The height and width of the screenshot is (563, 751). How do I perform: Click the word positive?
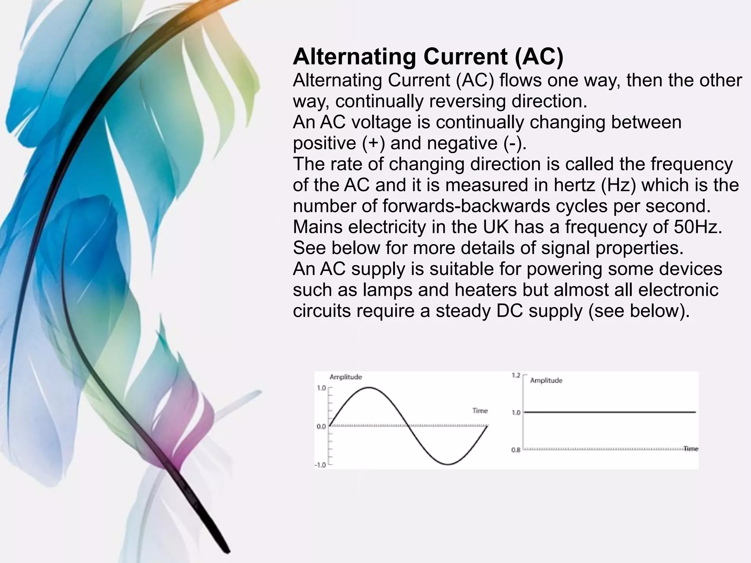tap(324, 143)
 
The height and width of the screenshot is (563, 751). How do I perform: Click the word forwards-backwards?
tap(466, 206)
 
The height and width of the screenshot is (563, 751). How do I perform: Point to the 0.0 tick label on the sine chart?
tap(321, 427)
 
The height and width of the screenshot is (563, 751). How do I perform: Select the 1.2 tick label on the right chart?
tap(516, 375)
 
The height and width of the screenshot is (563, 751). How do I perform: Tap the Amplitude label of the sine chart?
tap(345, 377)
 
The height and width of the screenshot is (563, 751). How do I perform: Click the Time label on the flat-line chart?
tap(691, 449)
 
